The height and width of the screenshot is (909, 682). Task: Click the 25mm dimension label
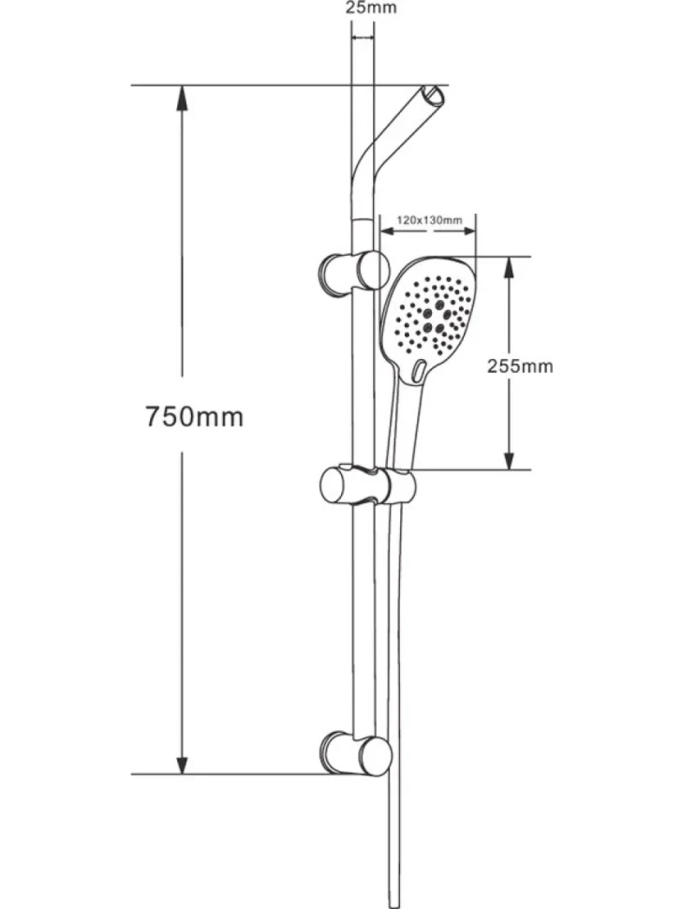(x=371, y=7)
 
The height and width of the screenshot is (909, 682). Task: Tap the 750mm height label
(x=194, y=416)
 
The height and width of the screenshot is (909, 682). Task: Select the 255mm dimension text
(x=520, y=365)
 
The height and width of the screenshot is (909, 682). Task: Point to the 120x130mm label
(x=429, y=219)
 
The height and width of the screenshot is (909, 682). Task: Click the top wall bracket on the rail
(x=353, y=272)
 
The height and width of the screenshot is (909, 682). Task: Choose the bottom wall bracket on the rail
(x=355, y=753)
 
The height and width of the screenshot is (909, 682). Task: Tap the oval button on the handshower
(x=419, y=370)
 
